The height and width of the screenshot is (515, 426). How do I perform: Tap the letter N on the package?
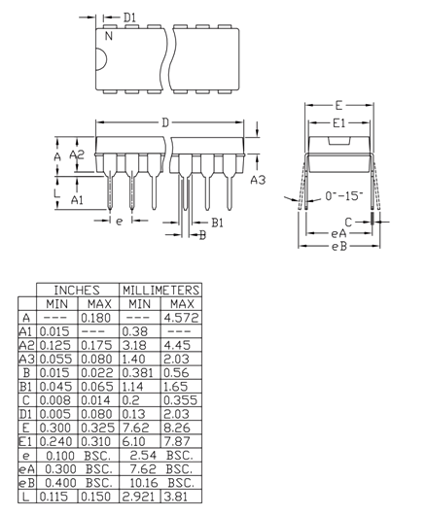108,36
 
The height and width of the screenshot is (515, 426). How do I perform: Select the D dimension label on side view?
165,122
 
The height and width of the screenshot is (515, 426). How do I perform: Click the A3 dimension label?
258,180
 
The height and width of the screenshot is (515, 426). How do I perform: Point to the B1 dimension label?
218,223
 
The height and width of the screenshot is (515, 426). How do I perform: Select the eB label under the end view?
338,247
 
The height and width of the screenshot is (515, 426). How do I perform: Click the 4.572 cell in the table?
182,318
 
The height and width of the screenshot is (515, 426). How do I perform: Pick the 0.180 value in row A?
96,318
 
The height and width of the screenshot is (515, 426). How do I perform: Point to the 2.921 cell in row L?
139,497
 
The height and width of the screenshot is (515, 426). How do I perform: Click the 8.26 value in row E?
182,428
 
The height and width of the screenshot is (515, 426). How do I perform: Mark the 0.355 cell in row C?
182,400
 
